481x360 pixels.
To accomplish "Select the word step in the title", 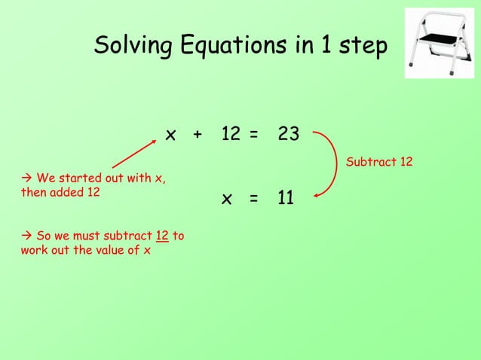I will (360, 47).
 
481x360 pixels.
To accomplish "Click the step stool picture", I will (440, 43).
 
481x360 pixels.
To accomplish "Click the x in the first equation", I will (171, 136).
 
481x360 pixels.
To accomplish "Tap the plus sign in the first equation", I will (198, 136).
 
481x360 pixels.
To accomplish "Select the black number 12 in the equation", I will (231, 135).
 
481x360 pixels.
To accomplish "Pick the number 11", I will (285, 198).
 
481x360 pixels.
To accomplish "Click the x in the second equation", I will (226, 199).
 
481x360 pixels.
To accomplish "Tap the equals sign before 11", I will (254, 199).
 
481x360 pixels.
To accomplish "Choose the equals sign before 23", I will (254, 136).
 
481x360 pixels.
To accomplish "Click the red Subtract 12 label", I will (378, 162).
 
